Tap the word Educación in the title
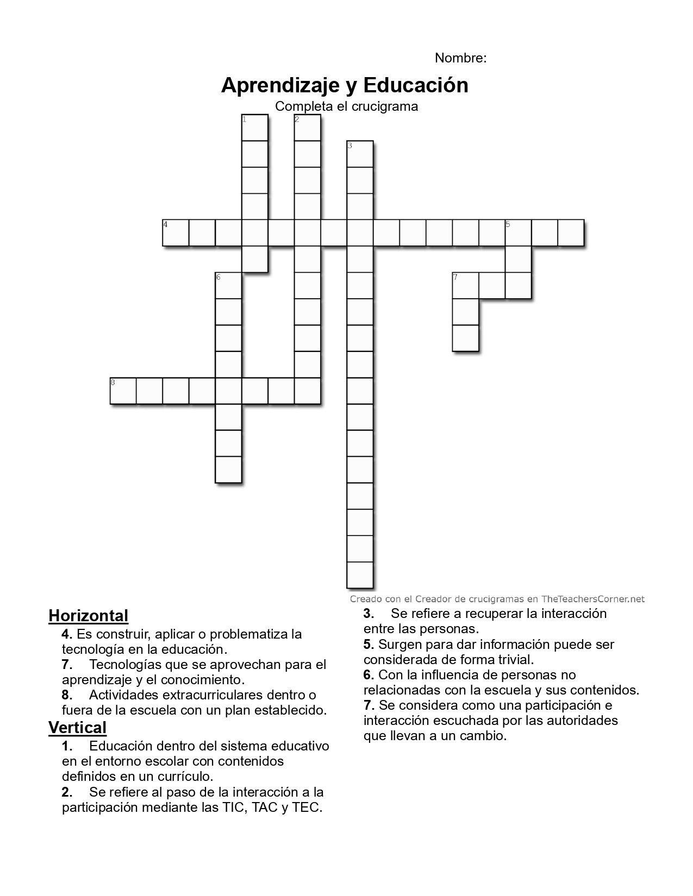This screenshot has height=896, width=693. tap(416, 85)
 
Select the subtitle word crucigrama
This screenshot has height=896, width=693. tap(384, 106)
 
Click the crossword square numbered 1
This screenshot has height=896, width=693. tap(254, 128)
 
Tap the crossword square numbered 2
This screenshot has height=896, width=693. tap(307, 128)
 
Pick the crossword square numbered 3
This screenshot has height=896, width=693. tap(360, 154)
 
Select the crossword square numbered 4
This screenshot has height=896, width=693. tap(176, 233)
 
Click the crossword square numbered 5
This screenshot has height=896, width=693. tap(518, 233)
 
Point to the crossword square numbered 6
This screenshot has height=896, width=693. tap(228, 286)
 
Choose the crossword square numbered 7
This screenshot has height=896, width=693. tap(465, 286)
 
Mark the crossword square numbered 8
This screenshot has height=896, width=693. tap(123, 391)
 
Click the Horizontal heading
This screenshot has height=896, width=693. tap(88, 616)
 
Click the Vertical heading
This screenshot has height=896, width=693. tap(77, 727)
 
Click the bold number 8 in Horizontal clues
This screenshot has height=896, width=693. tap(67, 695)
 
